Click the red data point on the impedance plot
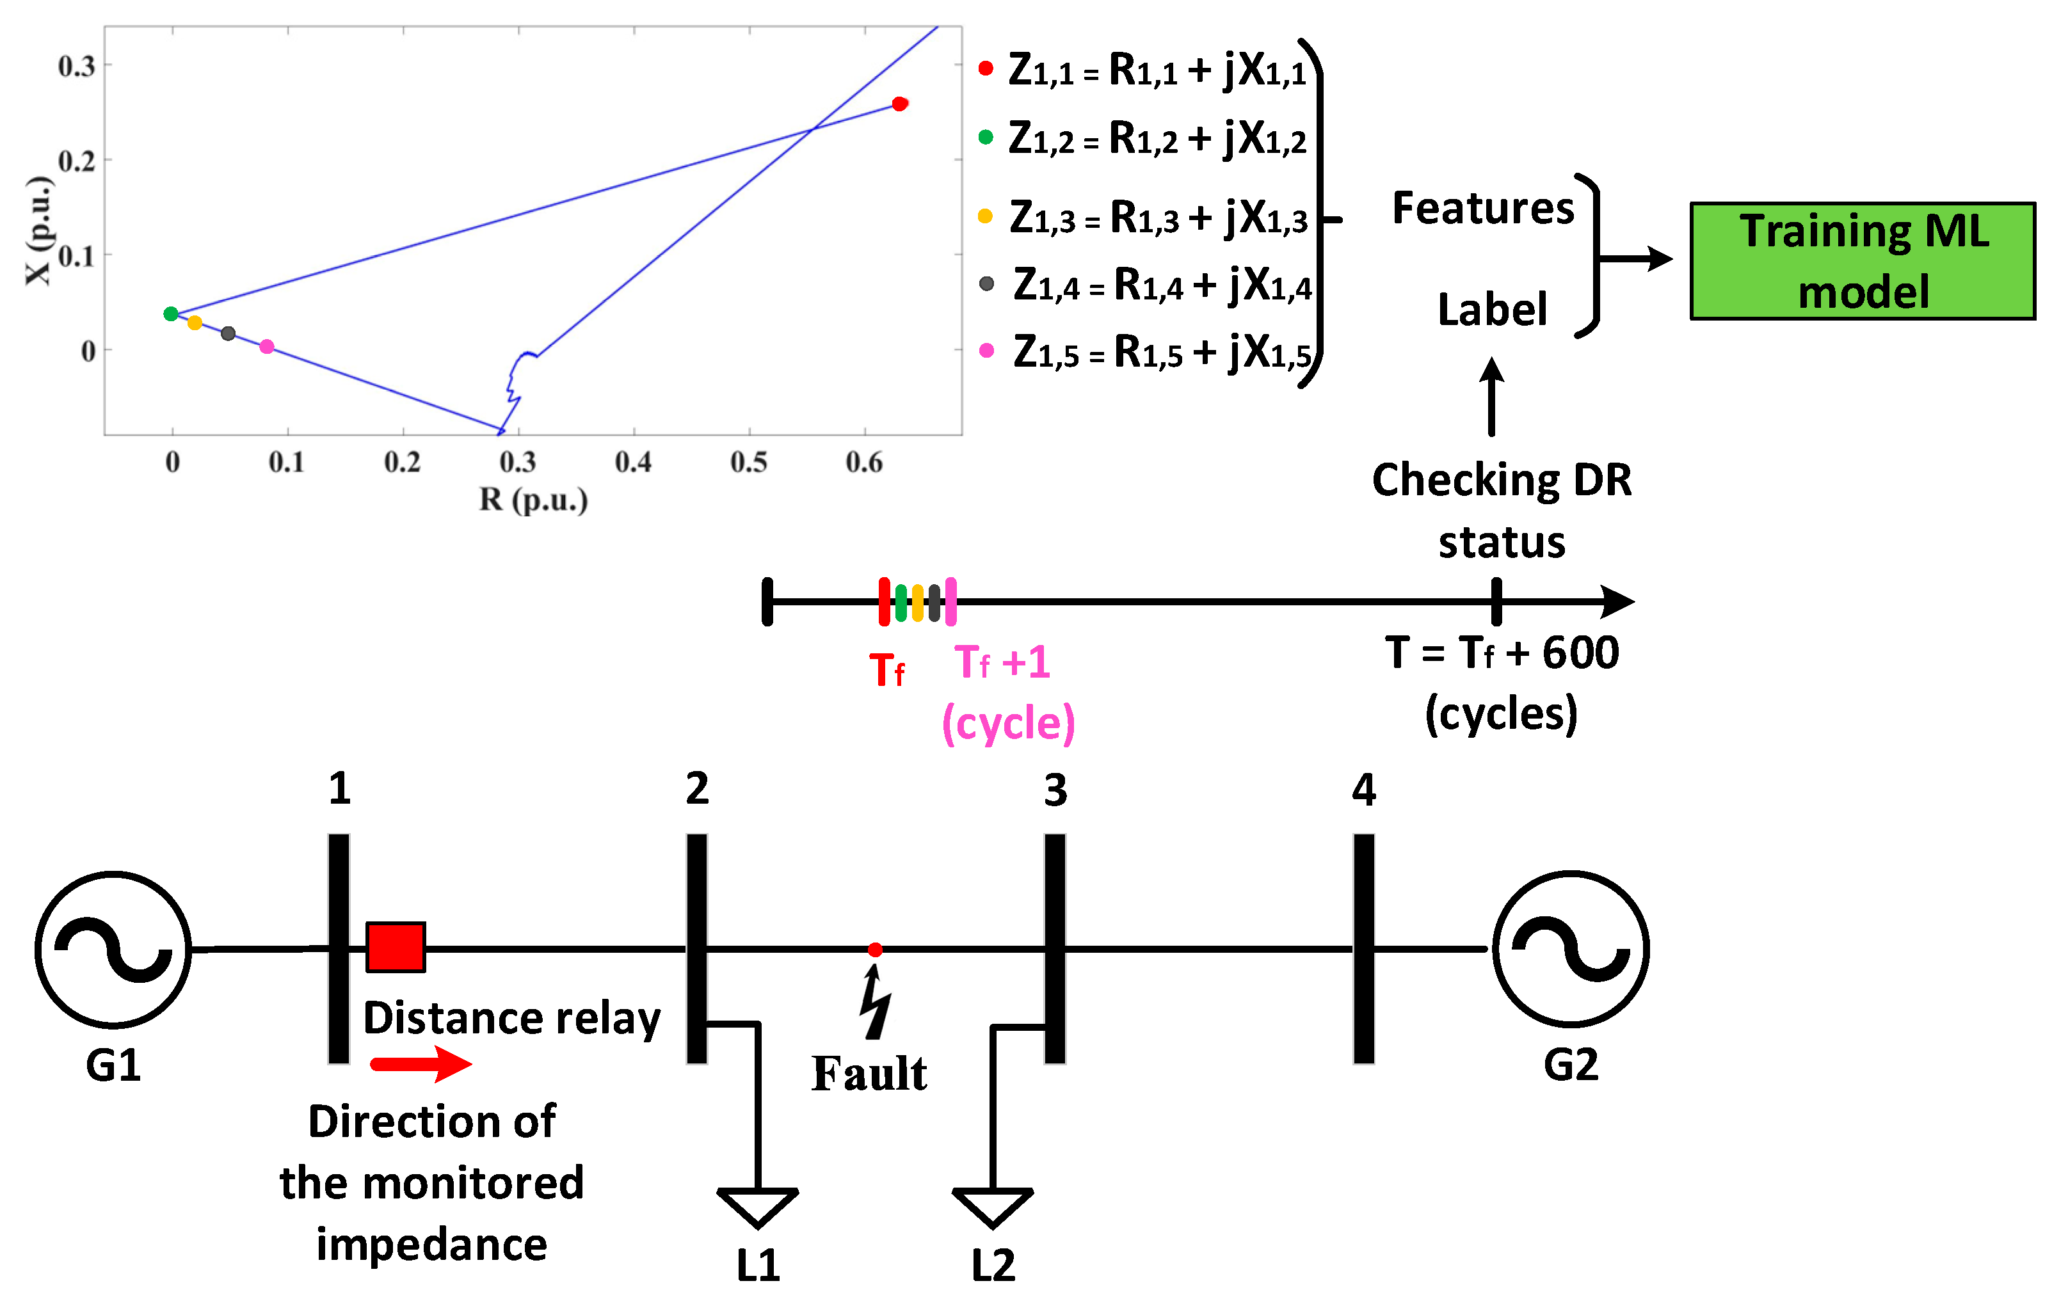tap(899, 104)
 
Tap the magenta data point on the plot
tap(267, 347)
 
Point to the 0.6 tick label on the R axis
tap(864, 462)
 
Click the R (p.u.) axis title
tap(533, 499)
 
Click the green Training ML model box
tap(1863, 261)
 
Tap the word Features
tap(1483, 209)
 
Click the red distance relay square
tap(396, 947)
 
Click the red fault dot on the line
tap(875, 950)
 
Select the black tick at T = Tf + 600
tap(1496, 601)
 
